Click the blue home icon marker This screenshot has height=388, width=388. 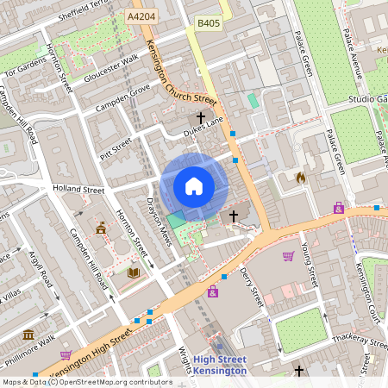coord(194,185)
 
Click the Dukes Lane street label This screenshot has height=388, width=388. coord(203,131)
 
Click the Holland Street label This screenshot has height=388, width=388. coord(78,189)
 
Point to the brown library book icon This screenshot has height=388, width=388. coord(133,272)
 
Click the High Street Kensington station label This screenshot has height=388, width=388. coord(219,365)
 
